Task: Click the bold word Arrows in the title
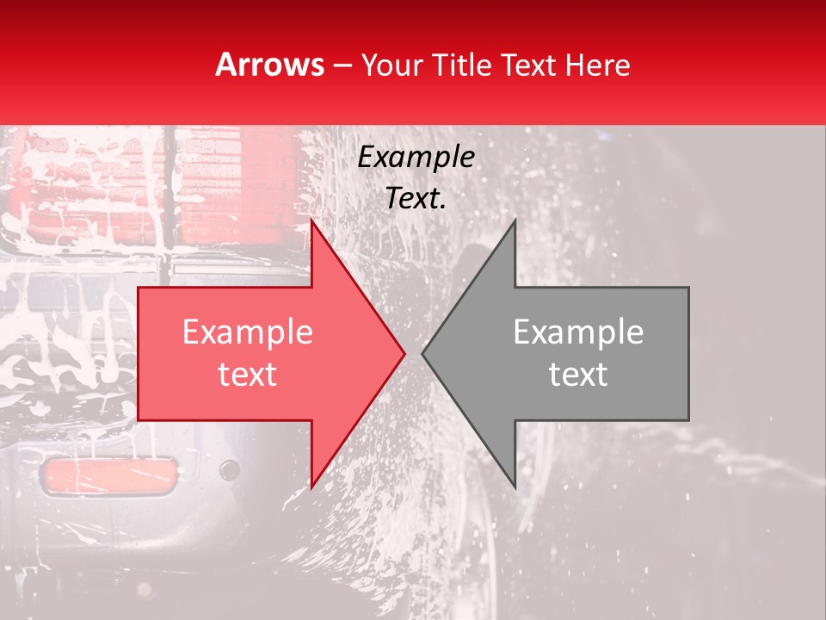click(x=269, y=65)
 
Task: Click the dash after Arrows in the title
click(x=342, y=65)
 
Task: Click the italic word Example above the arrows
click(x=416, y=158)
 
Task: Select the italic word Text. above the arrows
click(x=416, y=199)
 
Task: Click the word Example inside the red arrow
click(x=248, y=332)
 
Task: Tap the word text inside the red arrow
click(x=248, y=375)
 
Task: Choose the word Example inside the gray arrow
click(x=578, y=332)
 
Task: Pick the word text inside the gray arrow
click(x=578, y=375)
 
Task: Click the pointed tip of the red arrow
click(x=404, y=354)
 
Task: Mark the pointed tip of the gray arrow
click(x=422, y=354)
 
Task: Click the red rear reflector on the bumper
click(x=109, y=476)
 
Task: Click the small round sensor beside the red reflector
click(x=229, y=470)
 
